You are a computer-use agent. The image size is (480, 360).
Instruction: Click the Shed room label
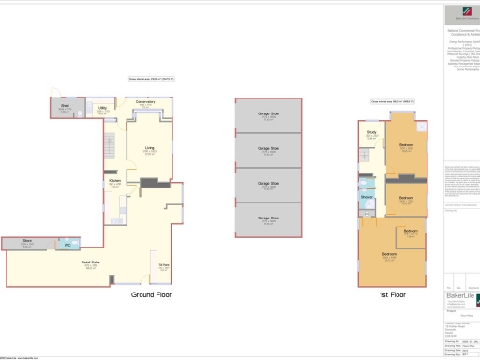pyautogui.click(x=65, y=106)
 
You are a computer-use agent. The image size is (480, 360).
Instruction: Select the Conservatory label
pyautogui.click(x=145, y=101)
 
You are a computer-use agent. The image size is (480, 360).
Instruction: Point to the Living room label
pyautogui.click(x=149, y=148)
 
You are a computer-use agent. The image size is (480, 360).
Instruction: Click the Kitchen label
pyautogui.click(x=114, y=181)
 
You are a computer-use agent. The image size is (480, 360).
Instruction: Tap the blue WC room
pyautogui.click(x=67, y=246)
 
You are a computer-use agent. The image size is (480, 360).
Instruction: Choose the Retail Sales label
pyautogui.click(x=90, y=263)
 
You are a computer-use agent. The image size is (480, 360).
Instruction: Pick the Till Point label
pyautogui.click(x=163, y=265)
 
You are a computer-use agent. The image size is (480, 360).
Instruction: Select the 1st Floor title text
pyautogui.click(x=392, y=294)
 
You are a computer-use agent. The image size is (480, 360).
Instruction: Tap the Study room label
pyautogui.click(x=371, y=134)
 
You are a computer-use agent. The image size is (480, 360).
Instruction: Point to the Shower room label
pyautogui.click(x=367, y=197)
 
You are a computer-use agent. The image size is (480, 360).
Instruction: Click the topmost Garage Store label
pyautogui.click(x=268, y=115)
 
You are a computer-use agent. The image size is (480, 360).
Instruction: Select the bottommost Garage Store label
pyautogui.click(x=268, y=219)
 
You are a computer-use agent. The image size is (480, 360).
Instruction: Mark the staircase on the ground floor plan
pyautogui.click(x=110, y=146)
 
